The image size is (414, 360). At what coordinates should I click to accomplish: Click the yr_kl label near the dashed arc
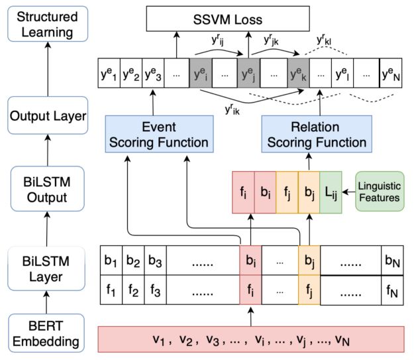coord(325,41)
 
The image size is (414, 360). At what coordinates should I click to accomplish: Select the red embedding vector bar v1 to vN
coord(250,339)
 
